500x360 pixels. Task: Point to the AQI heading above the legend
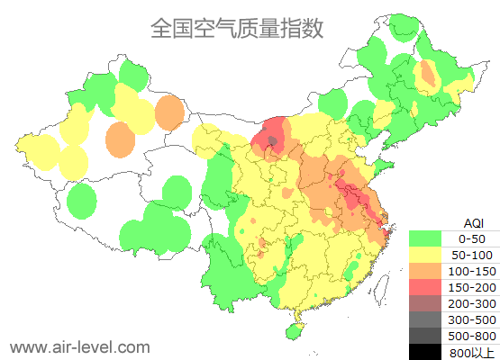(472, 222)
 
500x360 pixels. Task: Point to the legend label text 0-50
(472, 238)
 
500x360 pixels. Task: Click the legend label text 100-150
(472, 271)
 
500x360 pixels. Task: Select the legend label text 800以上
(472, 351)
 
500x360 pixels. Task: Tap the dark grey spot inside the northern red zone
(273, 140)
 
